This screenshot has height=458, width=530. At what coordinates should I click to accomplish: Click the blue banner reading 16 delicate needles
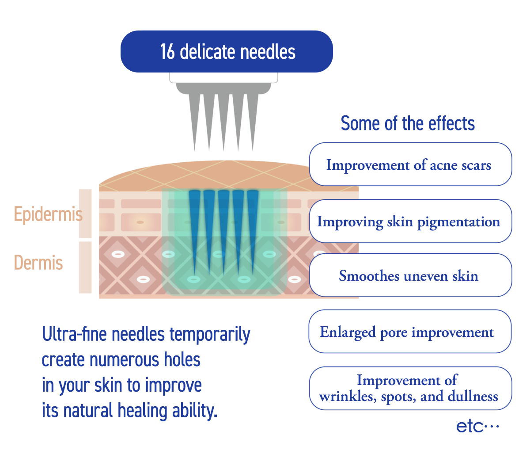[227, 51]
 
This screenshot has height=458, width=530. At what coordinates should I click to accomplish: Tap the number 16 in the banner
[167, 52]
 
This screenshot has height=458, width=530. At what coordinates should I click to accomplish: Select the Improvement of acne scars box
[410, 164]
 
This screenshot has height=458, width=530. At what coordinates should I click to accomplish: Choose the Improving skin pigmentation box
[410, 221]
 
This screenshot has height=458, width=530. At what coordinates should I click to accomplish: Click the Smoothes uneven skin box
[410, 275]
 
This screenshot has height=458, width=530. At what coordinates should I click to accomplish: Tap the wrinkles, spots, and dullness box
[410, 388]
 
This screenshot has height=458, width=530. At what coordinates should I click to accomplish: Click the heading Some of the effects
[407, 123]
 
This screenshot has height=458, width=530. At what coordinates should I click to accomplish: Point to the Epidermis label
[48, 214]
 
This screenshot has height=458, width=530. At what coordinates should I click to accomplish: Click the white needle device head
[223, 78]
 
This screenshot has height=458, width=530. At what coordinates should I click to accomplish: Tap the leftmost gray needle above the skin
[195, 119]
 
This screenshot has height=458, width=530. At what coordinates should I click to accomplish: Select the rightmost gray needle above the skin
[253, 119]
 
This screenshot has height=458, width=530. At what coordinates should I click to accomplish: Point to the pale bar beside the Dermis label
[85, 267]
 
